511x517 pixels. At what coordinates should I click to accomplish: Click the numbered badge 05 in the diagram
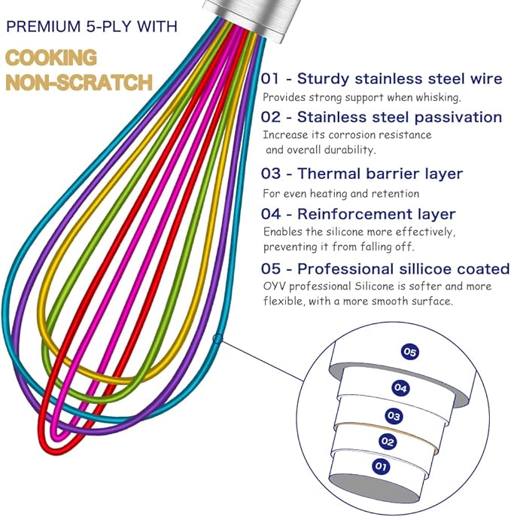point(410,352)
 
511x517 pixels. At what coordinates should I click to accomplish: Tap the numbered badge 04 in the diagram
point(401,387)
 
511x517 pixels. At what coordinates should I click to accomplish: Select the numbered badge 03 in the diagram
point(394,415)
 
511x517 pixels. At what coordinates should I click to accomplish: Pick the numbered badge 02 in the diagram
point(388,442)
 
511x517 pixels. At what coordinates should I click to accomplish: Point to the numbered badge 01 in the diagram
point(382,467)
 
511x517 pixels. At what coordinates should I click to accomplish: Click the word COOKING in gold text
point(51,57)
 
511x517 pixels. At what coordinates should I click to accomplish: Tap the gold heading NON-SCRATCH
point(78,81)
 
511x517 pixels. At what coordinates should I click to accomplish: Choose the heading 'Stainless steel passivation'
point(400,117)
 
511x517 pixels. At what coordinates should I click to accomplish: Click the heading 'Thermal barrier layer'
point(380,174)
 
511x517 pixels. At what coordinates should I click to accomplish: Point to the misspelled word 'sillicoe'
point(430,269)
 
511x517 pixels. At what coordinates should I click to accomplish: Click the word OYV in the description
point(273,286)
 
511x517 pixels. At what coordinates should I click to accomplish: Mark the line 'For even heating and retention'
point(345,193)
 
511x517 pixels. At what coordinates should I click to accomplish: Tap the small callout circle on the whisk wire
point(217,339)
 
